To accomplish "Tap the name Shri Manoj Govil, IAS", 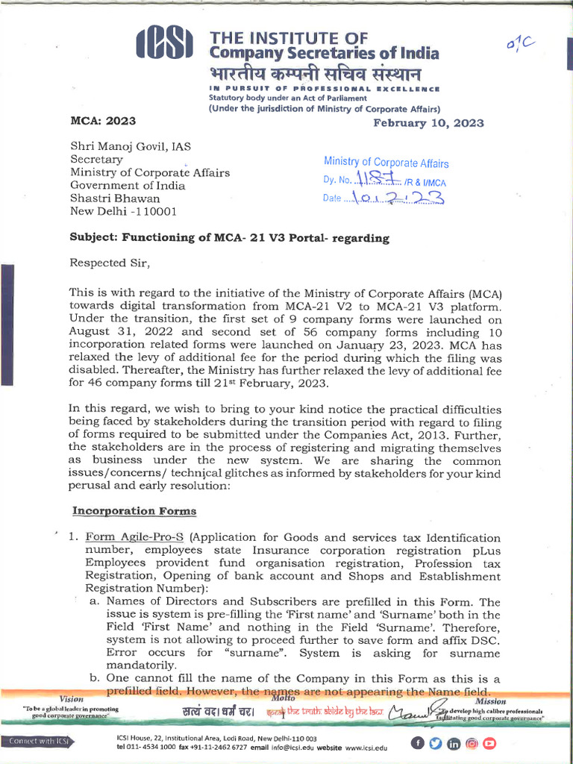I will coord(130,146).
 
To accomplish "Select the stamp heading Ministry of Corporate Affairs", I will coord(386,163).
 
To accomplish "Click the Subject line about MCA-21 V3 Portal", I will coord(229,238).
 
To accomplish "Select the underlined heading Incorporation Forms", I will coord(134,511).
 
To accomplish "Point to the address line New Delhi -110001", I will coord(123,211).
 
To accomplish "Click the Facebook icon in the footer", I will coord(418,742).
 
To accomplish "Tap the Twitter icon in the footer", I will coord(436,742).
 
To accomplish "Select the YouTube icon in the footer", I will coord(489,742).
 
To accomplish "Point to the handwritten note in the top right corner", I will coord(520,46).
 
